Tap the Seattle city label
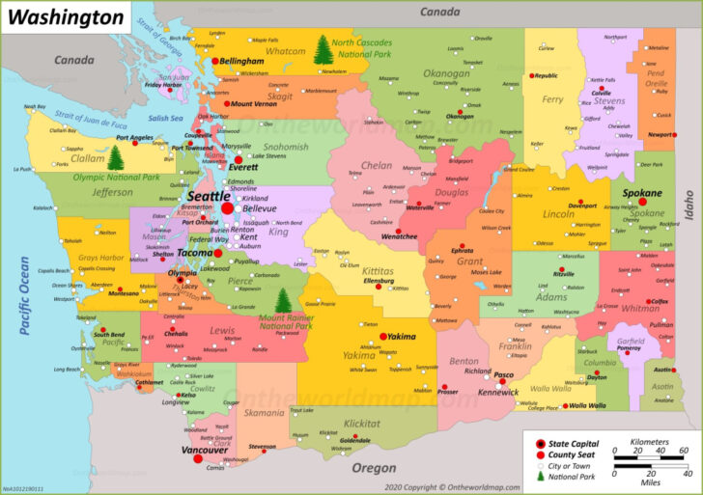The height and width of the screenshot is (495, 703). point(207,196)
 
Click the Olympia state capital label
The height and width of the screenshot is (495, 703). point(183,273)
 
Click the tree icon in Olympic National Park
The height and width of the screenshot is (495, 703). point(116,157)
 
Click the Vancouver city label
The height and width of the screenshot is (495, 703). point(205,450)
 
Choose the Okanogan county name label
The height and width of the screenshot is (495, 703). point(447,72)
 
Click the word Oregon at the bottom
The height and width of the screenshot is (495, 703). point(373,467)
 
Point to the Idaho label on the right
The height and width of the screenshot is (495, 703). point(689,205)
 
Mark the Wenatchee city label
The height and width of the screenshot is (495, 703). point(399,236)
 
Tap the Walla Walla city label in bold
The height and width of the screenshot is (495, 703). point(588,405)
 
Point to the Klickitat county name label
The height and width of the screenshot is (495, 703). point(361,423)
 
